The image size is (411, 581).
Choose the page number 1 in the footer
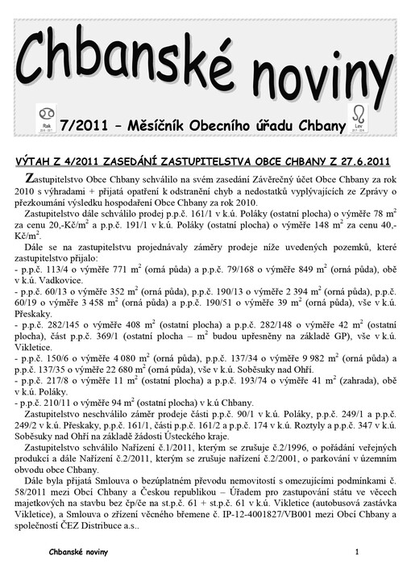tap(355, 550)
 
